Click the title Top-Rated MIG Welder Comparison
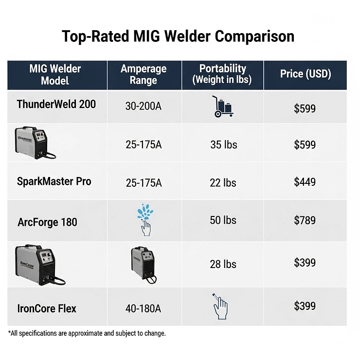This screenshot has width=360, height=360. [x=178, y=36]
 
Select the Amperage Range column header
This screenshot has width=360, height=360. [x=144, y=74]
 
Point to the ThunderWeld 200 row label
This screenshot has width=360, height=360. [x=56, y=104]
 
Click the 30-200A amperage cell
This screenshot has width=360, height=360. [x=144, y=106]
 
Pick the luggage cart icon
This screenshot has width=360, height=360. [x=222, y=106]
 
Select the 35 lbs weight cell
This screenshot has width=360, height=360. [x=223, y=144]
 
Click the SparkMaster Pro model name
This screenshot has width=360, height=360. [x=54, y=181]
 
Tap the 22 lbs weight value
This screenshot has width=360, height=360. [x=223, y=183]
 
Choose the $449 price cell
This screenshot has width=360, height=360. [x=305, y=182]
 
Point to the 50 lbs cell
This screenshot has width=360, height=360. [x=223, y=220]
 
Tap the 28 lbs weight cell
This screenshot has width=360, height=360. [x=223, y=264]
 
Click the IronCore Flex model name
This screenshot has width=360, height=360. [x=47, y=308]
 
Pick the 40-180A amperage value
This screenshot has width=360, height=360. [x=144, y=308]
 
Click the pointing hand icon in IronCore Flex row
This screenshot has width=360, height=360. [x=220, y=306]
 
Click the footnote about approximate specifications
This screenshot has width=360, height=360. [x=87, y=333]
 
